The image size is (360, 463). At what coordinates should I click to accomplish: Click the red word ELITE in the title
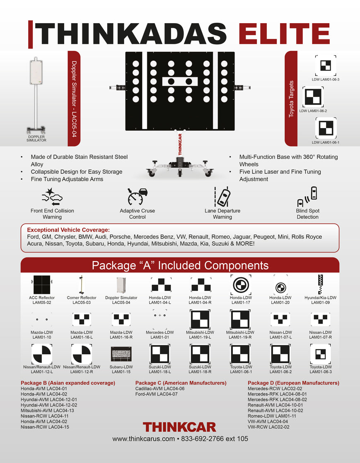pyautogui.click(x=284, y=34)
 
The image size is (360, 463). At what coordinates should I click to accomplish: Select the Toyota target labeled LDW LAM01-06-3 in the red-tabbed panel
pyautogui.click(x=326, y=66)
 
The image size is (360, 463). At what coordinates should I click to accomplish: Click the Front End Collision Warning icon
pyautogui.click(x=52, y=197)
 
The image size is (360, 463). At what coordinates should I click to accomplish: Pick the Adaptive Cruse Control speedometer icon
pyautogui.click(x=138, y=196)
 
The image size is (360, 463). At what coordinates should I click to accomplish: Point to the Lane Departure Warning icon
pyautogui.click(x=222, y=196)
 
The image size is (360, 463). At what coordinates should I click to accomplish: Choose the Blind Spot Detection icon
pyautogui.click(x=307, y=196)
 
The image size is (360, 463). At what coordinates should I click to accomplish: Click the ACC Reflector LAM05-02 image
pyautogui.click(x=42, y=285)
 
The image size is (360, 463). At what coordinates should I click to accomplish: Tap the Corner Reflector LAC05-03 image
pyautogui.click(x=82, y=285)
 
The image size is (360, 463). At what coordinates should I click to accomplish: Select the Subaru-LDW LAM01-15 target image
pyautogui.click(x=121, y=354)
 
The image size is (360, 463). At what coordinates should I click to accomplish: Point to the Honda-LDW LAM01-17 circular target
pyautogui.click(x=241, y=285)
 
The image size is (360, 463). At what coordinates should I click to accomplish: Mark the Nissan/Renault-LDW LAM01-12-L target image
pyautogui.click(x=42, y=354)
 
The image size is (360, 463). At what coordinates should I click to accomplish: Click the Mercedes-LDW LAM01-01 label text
pyautogui.click(x=159, y=335)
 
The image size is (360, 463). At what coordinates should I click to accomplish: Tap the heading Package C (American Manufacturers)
pyautogui.click(x=181, y=383)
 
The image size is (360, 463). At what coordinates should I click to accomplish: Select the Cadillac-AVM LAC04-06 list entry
pyautogui.click(x=160, y=388)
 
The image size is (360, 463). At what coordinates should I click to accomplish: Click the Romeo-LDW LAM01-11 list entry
pyautogui.click(x=272, y=416)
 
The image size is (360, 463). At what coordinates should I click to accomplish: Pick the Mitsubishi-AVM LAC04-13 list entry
pyautogui.click(x=47, y=410)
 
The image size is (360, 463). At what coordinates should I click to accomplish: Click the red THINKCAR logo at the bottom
pyautogui.click(x=179, y=427)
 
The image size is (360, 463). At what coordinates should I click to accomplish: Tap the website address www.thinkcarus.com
pyautogui.click(x=144, y=439)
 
